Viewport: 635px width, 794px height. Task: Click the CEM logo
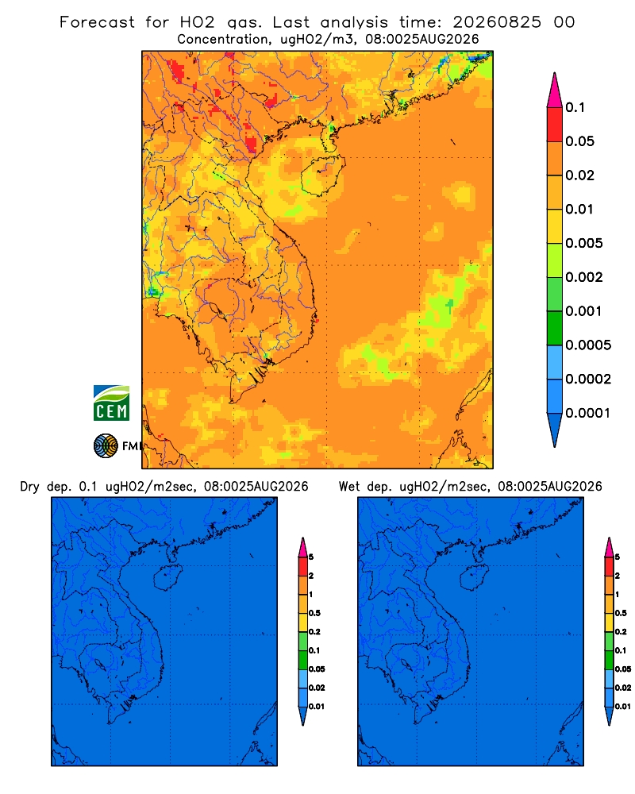(111, 403)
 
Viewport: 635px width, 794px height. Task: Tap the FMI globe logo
(106, 446)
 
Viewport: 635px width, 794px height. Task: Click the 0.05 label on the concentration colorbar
(579, 141)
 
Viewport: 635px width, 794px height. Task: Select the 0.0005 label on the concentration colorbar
(588, 345)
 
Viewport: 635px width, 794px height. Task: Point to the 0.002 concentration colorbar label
(584, 277)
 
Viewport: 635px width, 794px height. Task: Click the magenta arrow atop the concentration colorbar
(555, 90)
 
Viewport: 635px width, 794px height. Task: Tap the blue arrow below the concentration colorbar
(555, 430)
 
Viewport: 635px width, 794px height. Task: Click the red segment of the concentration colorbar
(555, 124)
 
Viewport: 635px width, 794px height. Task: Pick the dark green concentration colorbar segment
(555, 328)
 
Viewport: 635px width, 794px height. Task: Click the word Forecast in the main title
(97, 22)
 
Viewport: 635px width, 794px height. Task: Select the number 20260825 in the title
(497, 22)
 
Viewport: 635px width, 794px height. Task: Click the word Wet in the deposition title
(349, 487)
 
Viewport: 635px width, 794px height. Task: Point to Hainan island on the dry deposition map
(167, 578)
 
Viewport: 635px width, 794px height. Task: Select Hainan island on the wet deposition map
(475, 578)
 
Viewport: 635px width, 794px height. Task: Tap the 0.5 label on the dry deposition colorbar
(314, 613)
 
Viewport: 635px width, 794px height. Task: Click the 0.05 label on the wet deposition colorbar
(623, 669)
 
